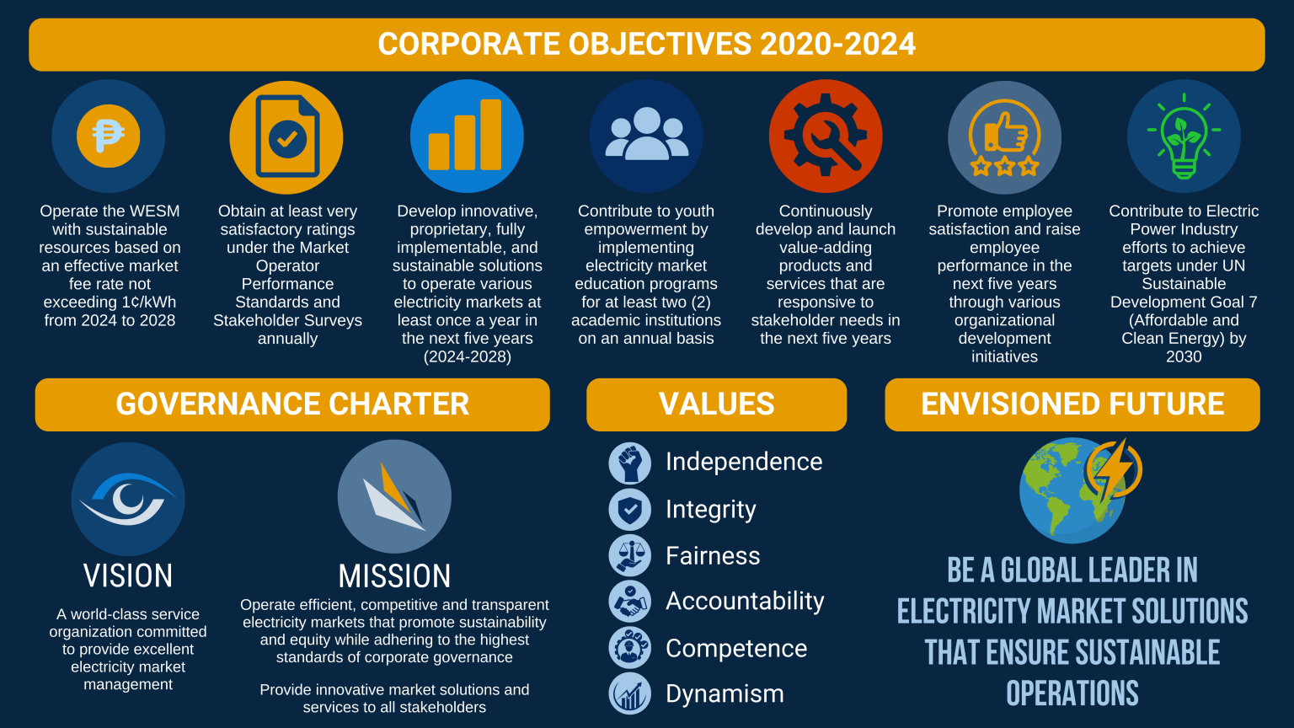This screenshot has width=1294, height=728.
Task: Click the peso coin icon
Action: pos(109,136)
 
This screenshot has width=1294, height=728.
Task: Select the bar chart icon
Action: pos(467,136)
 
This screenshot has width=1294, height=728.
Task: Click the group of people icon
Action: pos(646,136)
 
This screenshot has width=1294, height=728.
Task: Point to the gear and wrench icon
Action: pos(826,136)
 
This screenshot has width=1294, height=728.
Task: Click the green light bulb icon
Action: pos(1184,136)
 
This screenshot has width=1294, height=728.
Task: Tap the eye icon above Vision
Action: pos(128,498)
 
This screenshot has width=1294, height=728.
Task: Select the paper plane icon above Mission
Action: pos(394,497)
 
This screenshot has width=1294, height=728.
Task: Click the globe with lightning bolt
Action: pos(1078,489)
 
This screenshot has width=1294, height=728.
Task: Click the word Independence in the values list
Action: pos(744,462)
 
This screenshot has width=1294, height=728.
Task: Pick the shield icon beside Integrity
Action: pos(630,510)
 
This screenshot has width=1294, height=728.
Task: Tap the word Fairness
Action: pos(713,556)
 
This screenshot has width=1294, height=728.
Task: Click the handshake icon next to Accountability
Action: pos(630,602)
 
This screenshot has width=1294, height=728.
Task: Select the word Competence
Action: pos(736,648)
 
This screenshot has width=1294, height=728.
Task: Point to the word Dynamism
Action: pos(725,693)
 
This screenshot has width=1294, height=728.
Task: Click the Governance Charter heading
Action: pos(292,404)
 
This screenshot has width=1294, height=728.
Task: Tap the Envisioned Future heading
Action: pos(1072,404)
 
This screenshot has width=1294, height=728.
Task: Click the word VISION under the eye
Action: pos(128,576)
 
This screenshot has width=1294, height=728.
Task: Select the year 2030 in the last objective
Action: pos(1184,356)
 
